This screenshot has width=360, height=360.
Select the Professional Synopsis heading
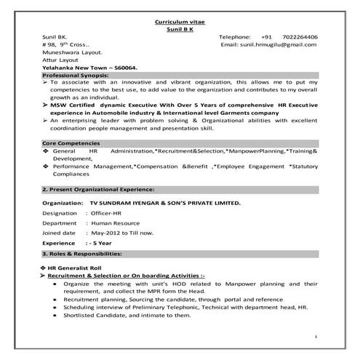[x=76, y=76]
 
